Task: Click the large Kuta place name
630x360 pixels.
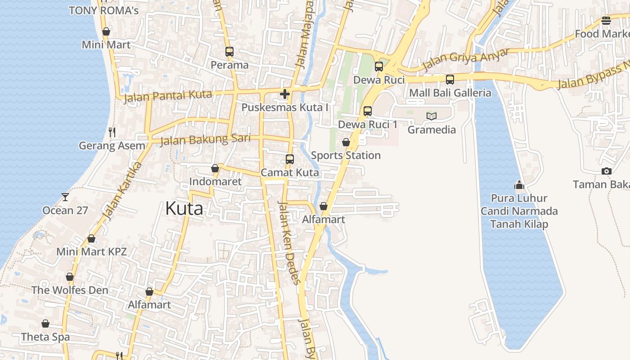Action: pyautogui.click(x=184, y=209)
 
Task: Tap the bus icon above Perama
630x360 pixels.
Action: pyautogui.click(x=229, y=52)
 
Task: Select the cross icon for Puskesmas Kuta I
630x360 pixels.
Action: pyautogui.click(x=284, y=94)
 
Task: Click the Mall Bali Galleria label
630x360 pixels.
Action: pyautogui.click(x=450, y=93)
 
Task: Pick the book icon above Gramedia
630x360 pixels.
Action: pyautogui.click(x=432, y=116)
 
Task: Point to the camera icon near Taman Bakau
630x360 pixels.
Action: pyautogui.click(x=607, y=171)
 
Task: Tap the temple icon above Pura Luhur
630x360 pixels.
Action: pyautogui.click(x=519, y=185)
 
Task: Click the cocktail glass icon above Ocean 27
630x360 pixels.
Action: pyautogui.click(x=65, y=197)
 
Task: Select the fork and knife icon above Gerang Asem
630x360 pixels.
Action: pyautogui.click(x=112, y=132)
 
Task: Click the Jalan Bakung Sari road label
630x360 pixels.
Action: pyautogui.click(x=205, y=139)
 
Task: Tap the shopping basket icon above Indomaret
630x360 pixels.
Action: pyautogui.click(x=215, y=168)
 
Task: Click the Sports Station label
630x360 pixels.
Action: pyautogui.click(x=346, y=155)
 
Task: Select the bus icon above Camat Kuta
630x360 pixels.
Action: pyautogui.click(x=290, y=159)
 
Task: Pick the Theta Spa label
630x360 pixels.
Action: pyautogui.click(x=45, y=337)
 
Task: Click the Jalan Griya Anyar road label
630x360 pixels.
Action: pyautogui.click(x=466, y=60)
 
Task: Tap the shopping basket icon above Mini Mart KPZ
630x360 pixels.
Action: pyautogui.click(x=91, y=238)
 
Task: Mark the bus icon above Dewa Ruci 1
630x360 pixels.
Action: pyautogui.click(x=368, y=111)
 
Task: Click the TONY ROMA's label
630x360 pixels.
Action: pyautogui.click(x=104, y=10)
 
